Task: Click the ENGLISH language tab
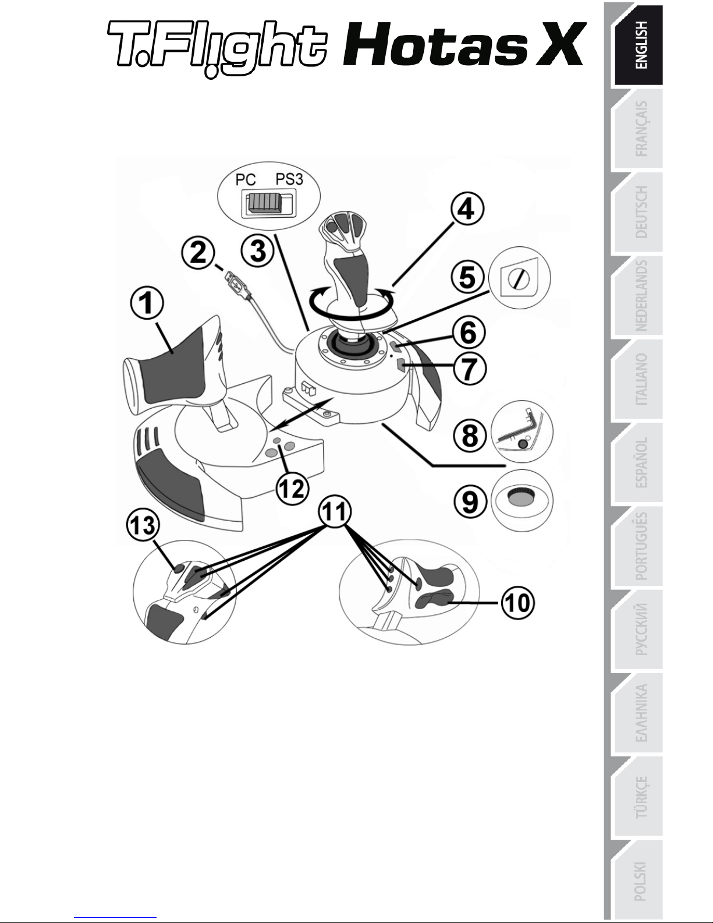(x=640, y=45)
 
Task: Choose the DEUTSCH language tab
(x=640, y=212)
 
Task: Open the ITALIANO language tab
(x=640, y=379)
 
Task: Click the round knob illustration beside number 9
(x=521, y=498)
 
